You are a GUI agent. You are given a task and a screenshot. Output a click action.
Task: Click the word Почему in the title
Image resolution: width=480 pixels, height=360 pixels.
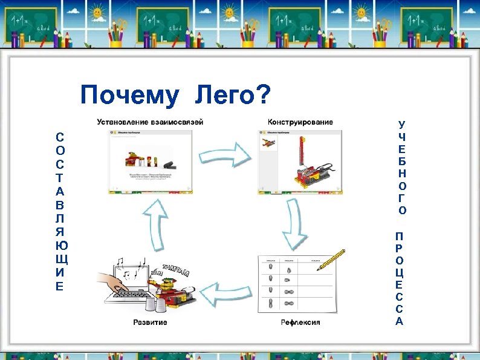129,95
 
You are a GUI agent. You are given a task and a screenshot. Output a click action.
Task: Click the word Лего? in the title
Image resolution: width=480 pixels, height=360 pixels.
233,95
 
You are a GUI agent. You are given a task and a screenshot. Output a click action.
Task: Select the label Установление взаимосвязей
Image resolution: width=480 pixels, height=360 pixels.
151,122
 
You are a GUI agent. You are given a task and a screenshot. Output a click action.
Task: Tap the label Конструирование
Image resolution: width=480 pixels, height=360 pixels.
300,122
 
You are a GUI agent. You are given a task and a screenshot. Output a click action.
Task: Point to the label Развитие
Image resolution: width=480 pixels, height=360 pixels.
150,322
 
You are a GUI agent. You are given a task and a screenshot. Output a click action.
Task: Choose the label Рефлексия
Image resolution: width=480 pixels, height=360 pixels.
300,322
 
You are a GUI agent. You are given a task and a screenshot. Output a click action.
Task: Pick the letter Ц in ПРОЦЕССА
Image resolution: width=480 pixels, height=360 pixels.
400,271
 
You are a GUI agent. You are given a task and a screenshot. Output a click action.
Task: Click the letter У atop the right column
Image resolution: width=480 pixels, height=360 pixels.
402,124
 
